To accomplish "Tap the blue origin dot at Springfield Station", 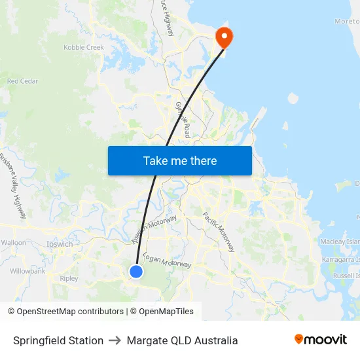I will [136, 271].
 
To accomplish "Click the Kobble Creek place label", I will [84, 47].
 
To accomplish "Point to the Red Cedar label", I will [22, 81].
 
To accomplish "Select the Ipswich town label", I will [60, 244].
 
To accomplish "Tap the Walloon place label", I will [14, 242].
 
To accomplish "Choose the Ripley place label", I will [69, 278].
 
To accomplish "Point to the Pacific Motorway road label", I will [219, 232].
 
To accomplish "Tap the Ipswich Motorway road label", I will [154, 230].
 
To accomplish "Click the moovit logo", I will [320, 340].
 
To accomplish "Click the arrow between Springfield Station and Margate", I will [115, 340].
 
